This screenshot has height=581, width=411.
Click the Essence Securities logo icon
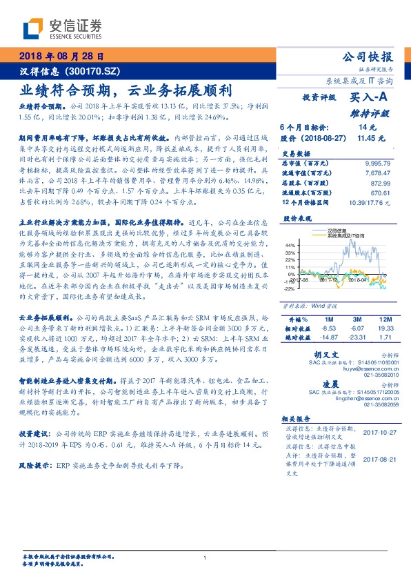pyautogui.click(x=33, y=28)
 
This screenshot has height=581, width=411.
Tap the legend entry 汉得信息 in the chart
pyautogui.click(x=340, y=231)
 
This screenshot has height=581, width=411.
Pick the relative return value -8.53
pyautogui.click(x=329, y=330)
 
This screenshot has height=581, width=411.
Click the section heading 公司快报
pyautogui.click(x=368, y=57)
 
